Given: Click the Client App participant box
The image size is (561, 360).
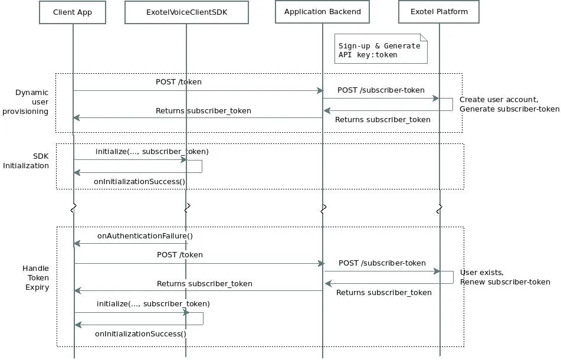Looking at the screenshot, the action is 73,12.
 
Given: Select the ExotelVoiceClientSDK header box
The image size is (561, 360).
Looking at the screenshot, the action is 186,12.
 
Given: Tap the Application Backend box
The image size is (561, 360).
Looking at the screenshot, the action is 322,12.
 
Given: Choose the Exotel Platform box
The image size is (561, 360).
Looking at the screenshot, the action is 439,12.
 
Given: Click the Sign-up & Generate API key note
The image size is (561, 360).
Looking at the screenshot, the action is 380,49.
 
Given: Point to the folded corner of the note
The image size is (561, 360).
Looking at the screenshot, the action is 424,37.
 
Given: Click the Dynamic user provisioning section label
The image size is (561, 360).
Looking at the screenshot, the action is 25,102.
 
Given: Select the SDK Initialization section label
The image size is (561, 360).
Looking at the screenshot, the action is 26,161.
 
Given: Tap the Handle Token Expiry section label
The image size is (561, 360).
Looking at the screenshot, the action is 35,278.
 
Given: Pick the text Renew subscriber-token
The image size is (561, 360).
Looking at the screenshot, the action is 505,282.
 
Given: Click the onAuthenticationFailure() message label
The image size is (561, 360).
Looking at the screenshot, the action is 145,236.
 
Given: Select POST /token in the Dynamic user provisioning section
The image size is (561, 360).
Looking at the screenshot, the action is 179,82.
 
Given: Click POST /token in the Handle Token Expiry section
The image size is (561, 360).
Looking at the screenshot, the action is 179,255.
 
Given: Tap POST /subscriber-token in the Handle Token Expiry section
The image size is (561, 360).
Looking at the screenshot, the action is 382,263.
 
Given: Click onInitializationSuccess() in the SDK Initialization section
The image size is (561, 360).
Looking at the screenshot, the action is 140,181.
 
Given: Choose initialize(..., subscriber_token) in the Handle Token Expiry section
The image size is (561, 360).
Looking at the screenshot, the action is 153,304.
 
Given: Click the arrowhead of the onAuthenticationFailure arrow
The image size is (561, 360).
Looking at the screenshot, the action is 77,244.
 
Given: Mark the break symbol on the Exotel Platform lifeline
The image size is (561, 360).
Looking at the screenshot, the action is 439,209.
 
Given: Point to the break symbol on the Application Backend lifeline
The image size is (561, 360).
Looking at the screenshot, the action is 323,209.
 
